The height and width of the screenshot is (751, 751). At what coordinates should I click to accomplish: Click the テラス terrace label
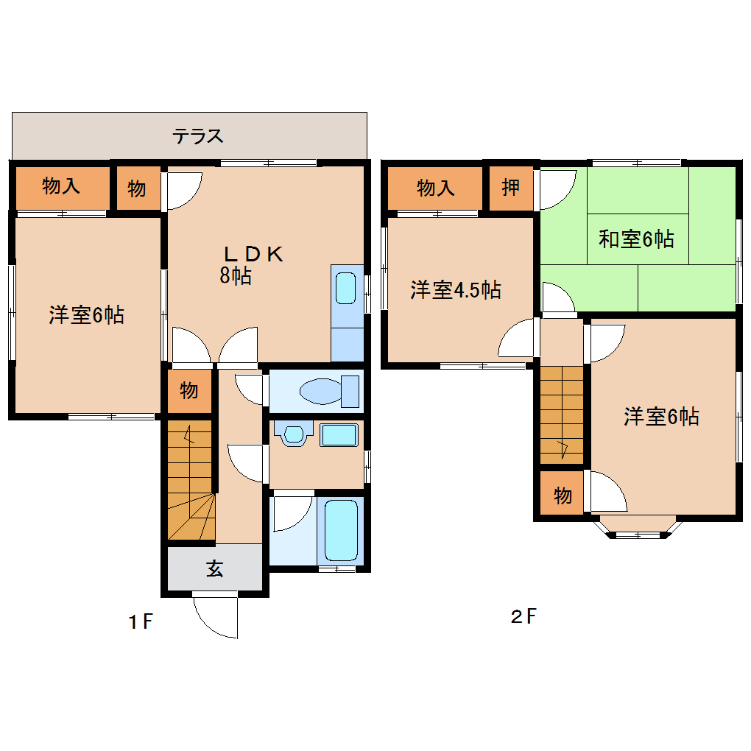click(x=197, y=136)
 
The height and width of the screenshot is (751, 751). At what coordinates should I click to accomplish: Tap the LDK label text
click(x=253, y=254)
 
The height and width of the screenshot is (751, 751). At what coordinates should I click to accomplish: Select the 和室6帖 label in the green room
click(x=636, y=239)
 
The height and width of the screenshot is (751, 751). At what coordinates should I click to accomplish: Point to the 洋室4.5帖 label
click(x=456, y=290)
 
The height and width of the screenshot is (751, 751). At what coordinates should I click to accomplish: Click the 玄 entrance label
click(x=214, y=568)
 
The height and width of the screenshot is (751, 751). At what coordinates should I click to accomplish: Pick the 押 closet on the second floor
click(x=510, y=188)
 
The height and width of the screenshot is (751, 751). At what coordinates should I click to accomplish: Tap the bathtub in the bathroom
click(x=341, y=529)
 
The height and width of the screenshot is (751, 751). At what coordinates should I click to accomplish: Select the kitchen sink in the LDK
click(x=346, y=288)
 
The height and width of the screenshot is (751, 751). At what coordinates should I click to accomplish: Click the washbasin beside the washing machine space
click(x=295, y=434)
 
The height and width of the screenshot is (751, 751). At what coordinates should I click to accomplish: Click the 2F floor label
click(x=523, y=616)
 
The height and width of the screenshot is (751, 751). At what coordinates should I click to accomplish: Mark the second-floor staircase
click(x=562, y=415)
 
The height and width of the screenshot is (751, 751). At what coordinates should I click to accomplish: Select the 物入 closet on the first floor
click(x=61, y=187)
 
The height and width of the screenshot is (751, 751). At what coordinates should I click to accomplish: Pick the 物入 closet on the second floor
click(x=436, y=188)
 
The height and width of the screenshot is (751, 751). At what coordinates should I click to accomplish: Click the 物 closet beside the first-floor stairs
click(x=189, y=391)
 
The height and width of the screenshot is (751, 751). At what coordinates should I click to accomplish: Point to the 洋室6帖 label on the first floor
click(x=86, y=315)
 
